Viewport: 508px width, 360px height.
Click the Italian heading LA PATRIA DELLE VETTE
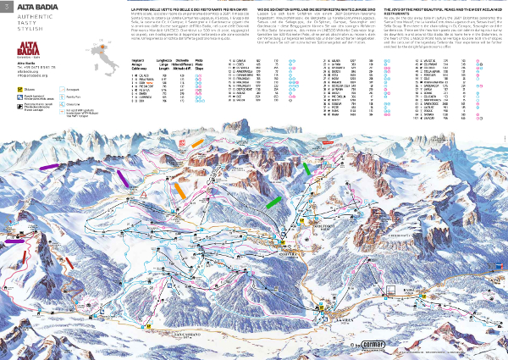[x=182, y=8]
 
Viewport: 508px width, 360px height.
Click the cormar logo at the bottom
[x=371, y=346]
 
